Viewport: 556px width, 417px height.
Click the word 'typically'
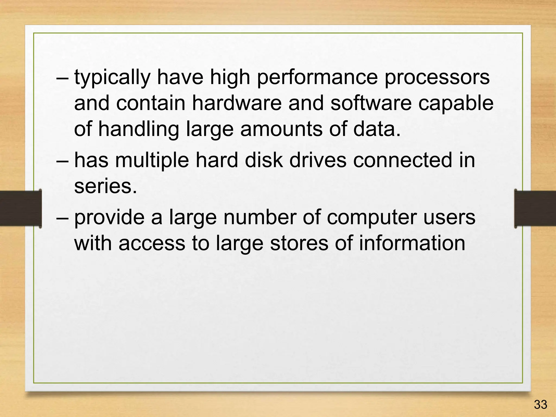(x=112, y=78)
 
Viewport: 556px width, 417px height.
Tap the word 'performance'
(x=317, y=78)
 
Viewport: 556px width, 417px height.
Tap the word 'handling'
(x=138, y=129)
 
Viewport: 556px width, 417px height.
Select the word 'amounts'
(x=281, y=129)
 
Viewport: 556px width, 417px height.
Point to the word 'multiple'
(x=152, y=160)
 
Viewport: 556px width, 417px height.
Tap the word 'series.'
(x=106, y=187)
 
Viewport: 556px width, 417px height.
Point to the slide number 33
(x=540, y=405)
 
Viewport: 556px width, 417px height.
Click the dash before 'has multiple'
(x=63, y=160)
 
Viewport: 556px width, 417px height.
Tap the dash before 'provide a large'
(x=63, y=217)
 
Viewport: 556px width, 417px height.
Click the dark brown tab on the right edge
(x=535, y=208)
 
